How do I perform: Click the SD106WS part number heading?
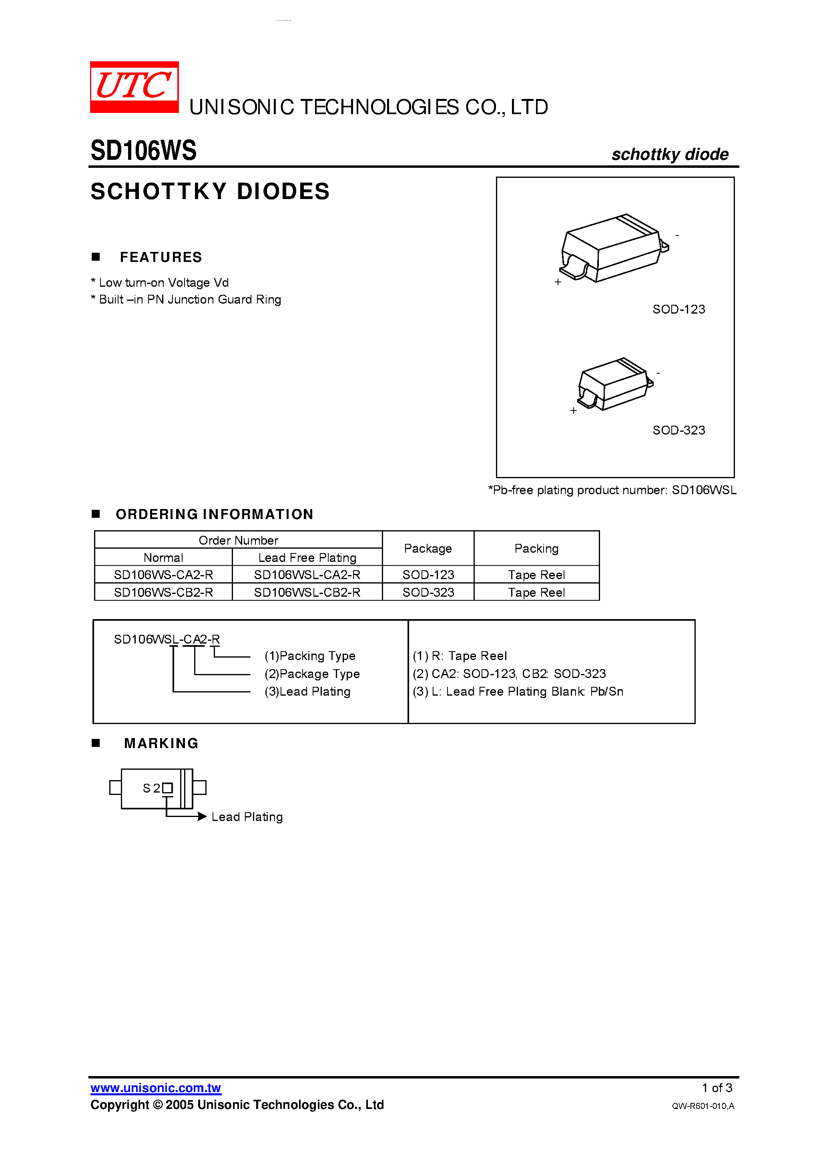[x=143, y=151]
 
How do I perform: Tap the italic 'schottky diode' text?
[x=669, y=154]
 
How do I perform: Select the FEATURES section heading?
[x=161, y=257]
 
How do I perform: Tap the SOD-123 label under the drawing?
[x=678, y=309]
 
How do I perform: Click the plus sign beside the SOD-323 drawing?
[x=574, y=410]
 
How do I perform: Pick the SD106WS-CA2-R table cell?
[x=163, y=575]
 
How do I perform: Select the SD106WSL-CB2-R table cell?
[x=307, y=592]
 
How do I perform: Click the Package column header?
[x=428, y=548]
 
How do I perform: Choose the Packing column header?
[x=536, y=548]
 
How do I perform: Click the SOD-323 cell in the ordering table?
[x=428, y=592]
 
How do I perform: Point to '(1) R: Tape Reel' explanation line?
[x=460, y=656]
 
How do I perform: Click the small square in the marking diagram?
[x=167, y=788]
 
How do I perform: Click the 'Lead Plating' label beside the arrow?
[x=247, y=817]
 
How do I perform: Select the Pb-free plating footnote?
[x=612, y=490]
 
